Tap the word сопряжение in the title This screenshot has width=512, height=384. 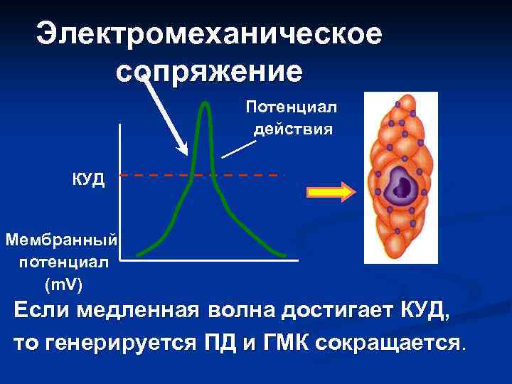[x=208, y=71]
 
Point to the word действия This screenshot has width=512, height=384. [x=292, y=129]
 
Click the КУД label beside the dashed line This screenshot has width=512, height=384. [x=88, y=178]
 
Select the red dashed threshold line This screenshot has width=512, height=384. [x=242, y=174]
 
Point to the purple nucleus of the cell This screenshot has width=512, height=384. [x=401, y=190]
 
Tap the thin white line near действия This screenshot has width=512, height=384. [x=238, y=148]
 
